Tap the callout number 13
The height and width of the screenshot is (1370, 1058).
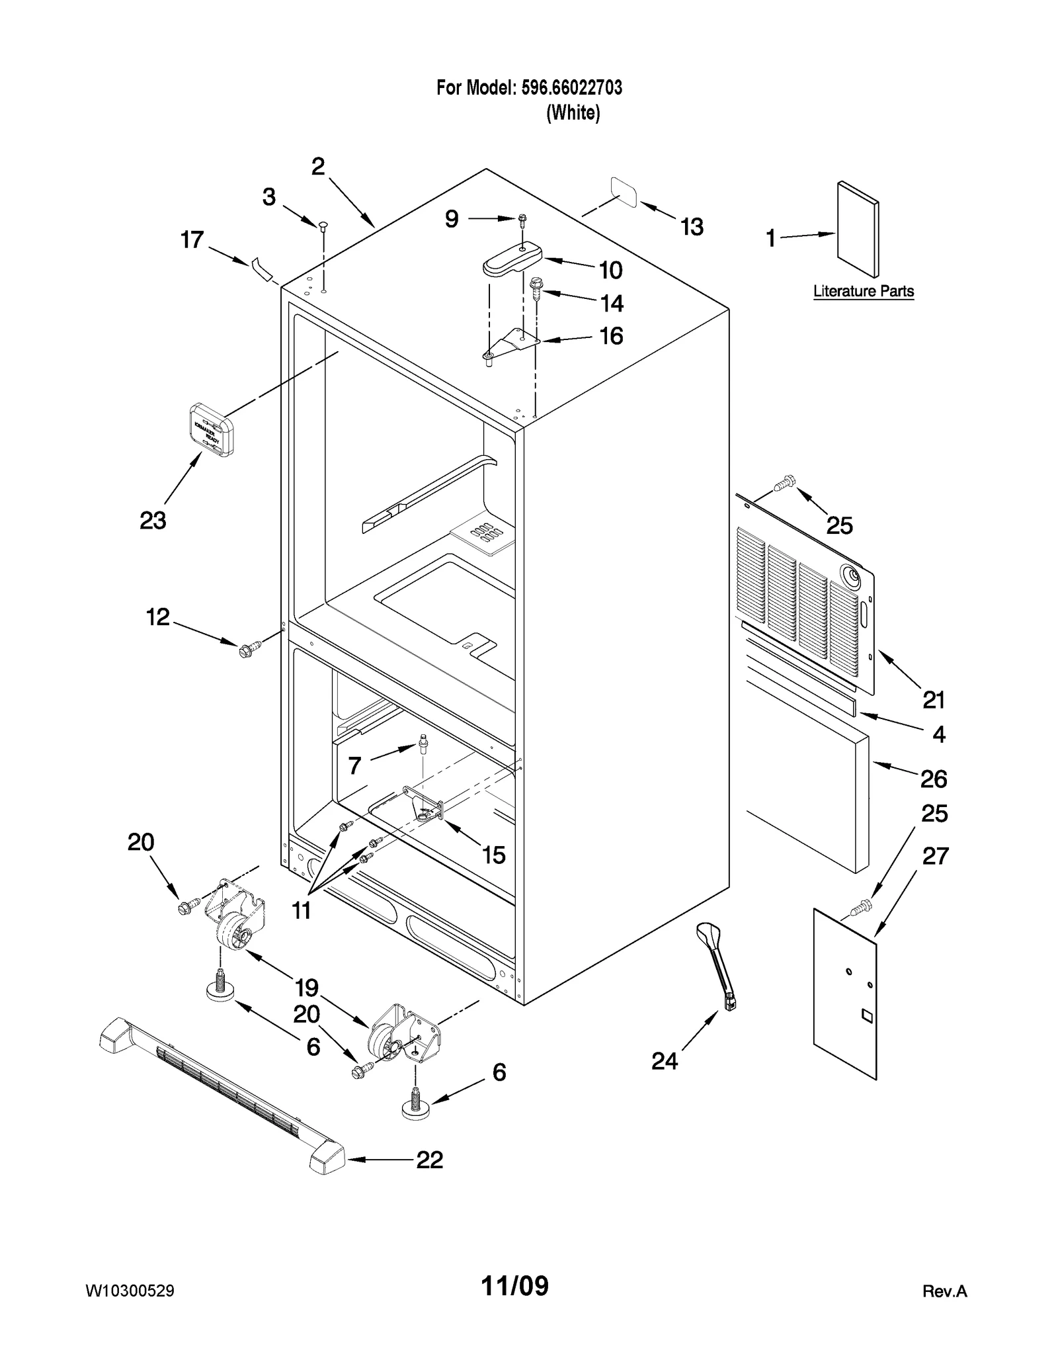pyautogui.click(x=692, y=227)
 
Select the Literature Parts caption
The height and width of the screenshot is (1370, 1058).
pyautogui.click(x=863, y=291)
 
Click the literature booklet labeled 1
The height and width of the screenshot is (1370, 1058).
pyautogui.click(x=858, y=229)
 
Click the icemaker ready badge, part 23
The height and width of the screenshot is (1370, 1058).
pyautogui.click(x=212, y=430)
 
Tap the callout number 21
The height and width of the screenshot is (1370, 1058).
pyautogui.click(x=933, y=699)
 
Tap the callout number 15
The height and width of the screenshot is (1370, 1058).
pyautogui.click(x=493, y=855)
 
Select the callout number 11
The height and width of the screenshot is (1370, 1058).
pyautogui.click(x=302, y=911)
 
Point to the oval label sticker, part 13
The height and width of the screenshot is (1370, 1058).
pyautogui.click(x=624, y=192)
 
